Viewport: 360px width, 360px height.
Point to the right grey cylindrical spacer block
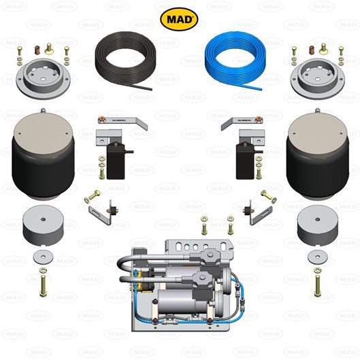(x=316, y=228)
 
